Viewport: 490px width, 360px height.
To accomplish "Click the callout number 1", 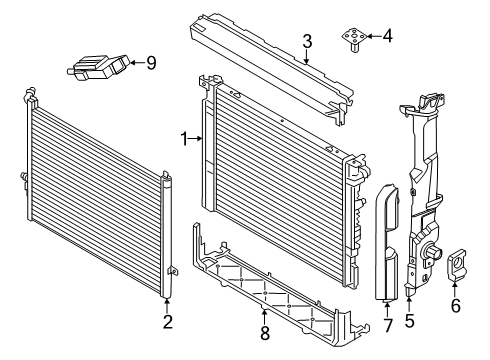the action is pos(184,139).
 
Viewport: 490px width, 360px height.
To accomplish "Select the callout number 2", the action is pos(168,322).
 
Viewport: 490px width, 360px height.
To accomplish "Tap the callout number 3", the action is pos(307,42).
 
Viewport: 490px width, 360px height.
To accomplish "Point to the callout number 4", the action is pos(388,36).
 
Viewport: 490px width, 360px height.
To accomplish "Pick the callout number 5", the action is pos(409,321).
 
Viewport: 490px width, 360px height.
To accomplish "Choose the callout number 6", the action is pos(456,306).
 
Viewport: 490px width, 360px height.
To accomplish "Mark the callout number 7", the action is pos(387,325).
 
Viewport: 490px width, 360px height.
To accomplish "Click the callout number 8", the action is pos(265,333).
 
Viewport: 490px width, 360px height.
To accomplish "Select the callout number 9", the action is pos(151,63).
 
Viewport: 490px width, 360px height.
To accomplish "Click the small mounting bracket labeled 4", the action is pos(354,39).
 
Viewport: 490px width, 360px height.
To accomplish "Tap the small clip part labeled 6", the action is pos(456,265).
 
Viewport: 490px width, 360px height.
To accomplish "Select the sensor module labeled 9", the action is pos(98,67).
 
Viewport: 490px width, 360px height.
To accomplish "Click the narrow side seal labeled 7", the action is pos(387,242).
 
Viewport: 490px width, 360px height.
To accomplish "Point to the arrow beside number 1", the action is pos(196,139).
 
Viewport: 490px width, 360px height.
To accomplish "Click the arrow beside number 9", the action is pos(137,62).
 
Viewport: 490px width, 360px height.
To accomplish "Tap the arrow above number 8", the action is pos(264,317).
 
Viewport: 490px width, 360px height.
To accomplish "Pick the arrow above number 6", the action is pos(455,289).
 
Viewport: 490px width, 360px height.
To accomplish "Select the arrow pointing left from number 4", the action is pos(374,36).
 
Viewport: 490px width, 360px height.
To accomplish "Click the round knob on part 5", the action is pos(433,253).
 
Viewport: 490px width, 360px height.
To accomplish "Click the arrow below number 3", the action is pos(307,57).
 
